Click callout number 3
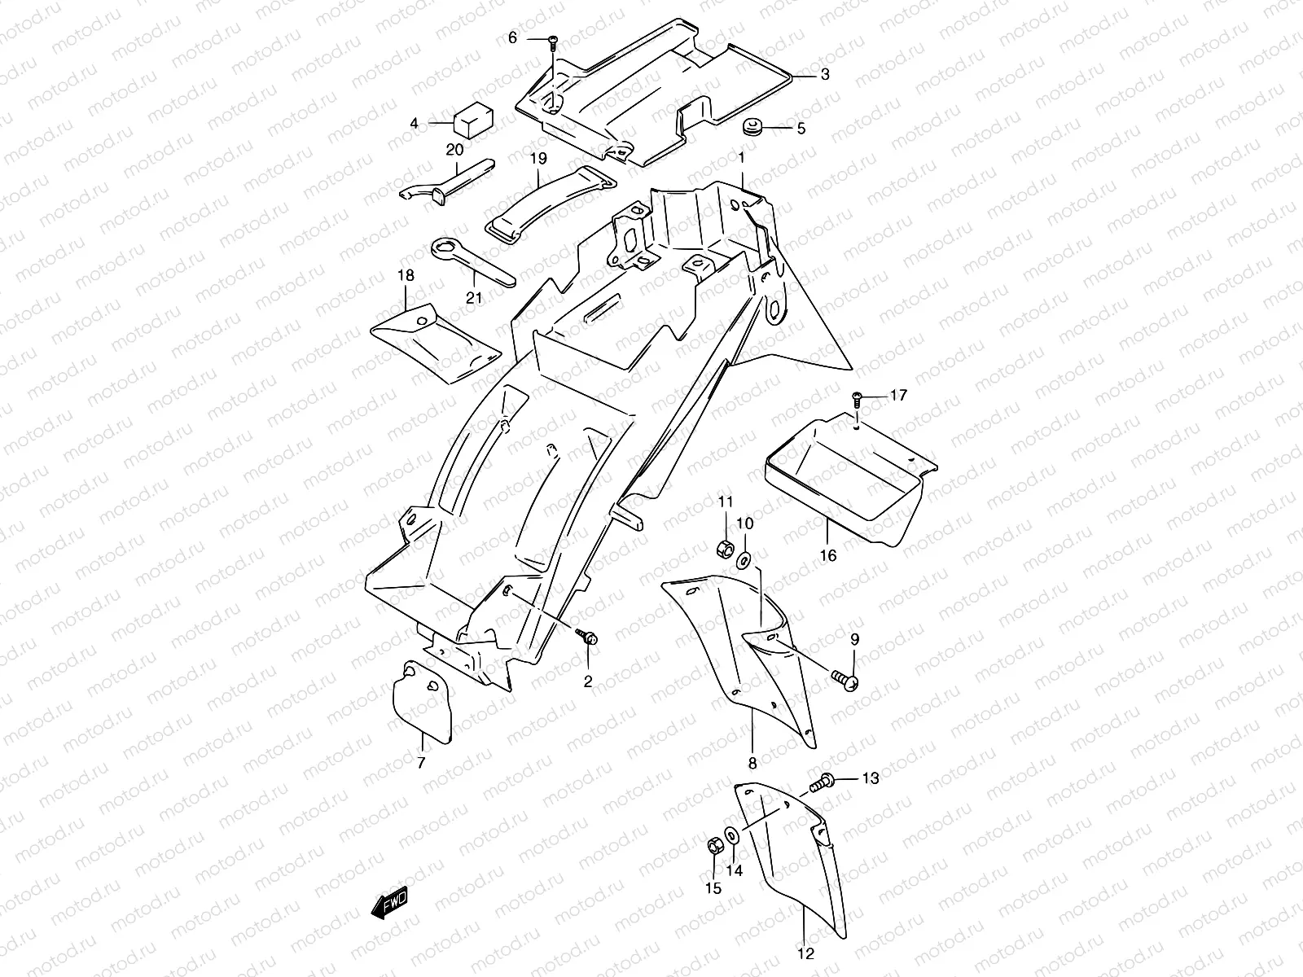[x=825, y=75]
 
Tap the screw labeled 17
[x=857, y=397]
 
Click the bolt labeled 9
[x=843, y=678]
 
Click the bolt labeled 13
[x=821, y=783]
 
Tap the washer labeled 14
[x=731, y=835]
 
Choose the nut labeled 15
[x=714, y=848]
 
